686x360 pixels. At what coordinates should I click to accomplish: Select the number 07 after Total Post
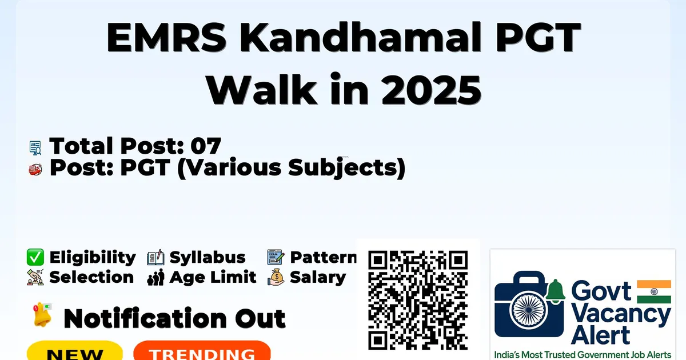205,146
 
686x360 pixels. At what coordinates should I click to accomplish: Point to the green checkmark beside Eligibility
35,257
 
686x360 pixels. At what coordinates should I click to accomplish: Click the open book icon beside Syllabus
155,258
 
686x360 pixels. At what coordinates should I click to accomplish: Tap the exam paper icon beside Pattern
276,257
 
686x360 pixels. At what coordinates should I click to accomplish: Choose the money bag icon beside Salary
276,277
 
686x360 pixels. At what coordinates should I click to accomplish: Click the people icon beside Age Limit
156,277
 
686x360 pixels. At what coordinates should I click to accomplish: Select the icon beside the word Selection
35,277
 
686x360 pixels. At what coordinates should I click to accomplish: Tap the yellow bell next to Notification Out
42,315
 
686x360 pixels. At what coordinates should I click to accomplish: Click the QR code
418,300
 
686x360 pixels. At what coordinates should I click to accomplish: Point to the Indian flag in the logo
654,292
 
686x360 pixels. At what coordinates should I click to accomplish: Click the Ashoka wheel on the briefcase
529,310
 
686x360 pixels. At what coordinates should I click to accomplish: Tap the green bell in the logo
555,290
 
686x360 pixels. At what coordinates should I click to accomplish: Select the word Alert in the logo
601,335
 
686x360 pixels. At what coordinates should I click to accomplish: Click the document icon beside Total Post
35,148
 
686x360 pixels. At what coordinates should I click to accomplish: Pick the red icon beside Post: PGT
35,169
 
